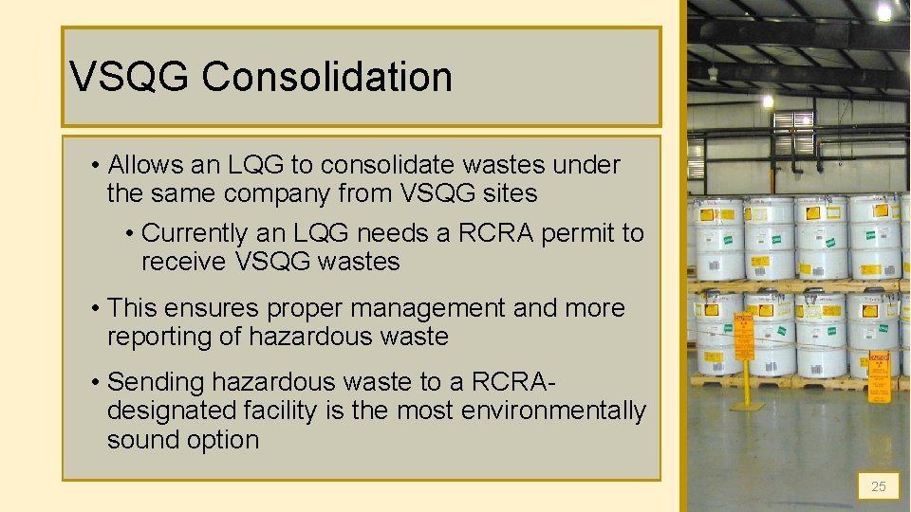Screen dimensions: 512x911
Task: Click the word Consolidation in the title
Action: (326, 77)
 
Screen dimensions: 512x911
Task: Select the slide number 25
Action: (879, 486)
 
